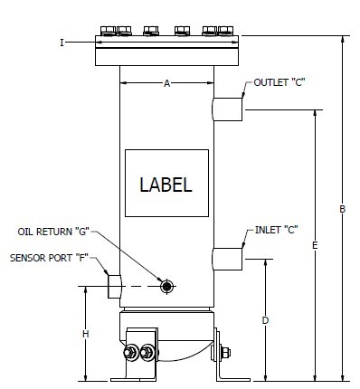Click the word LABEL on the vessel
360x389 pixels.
click(166, 185)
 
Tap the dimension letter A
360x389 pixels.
click(166, 83)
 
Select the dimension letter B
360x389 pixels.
click(342, 209)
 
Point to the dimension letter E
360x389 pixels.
click(315, 245)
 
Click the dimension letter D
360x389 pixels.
click(265, 320)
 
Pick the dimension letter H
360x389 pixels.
click(86, 334)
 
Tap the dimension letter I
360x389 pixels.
click(62, 43)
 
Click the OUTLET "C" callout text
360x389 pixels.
click(279, 82)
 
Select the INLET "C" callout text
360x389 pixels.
click(277, 230)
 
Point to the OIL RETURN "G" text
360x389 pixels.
click(53, 232)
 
